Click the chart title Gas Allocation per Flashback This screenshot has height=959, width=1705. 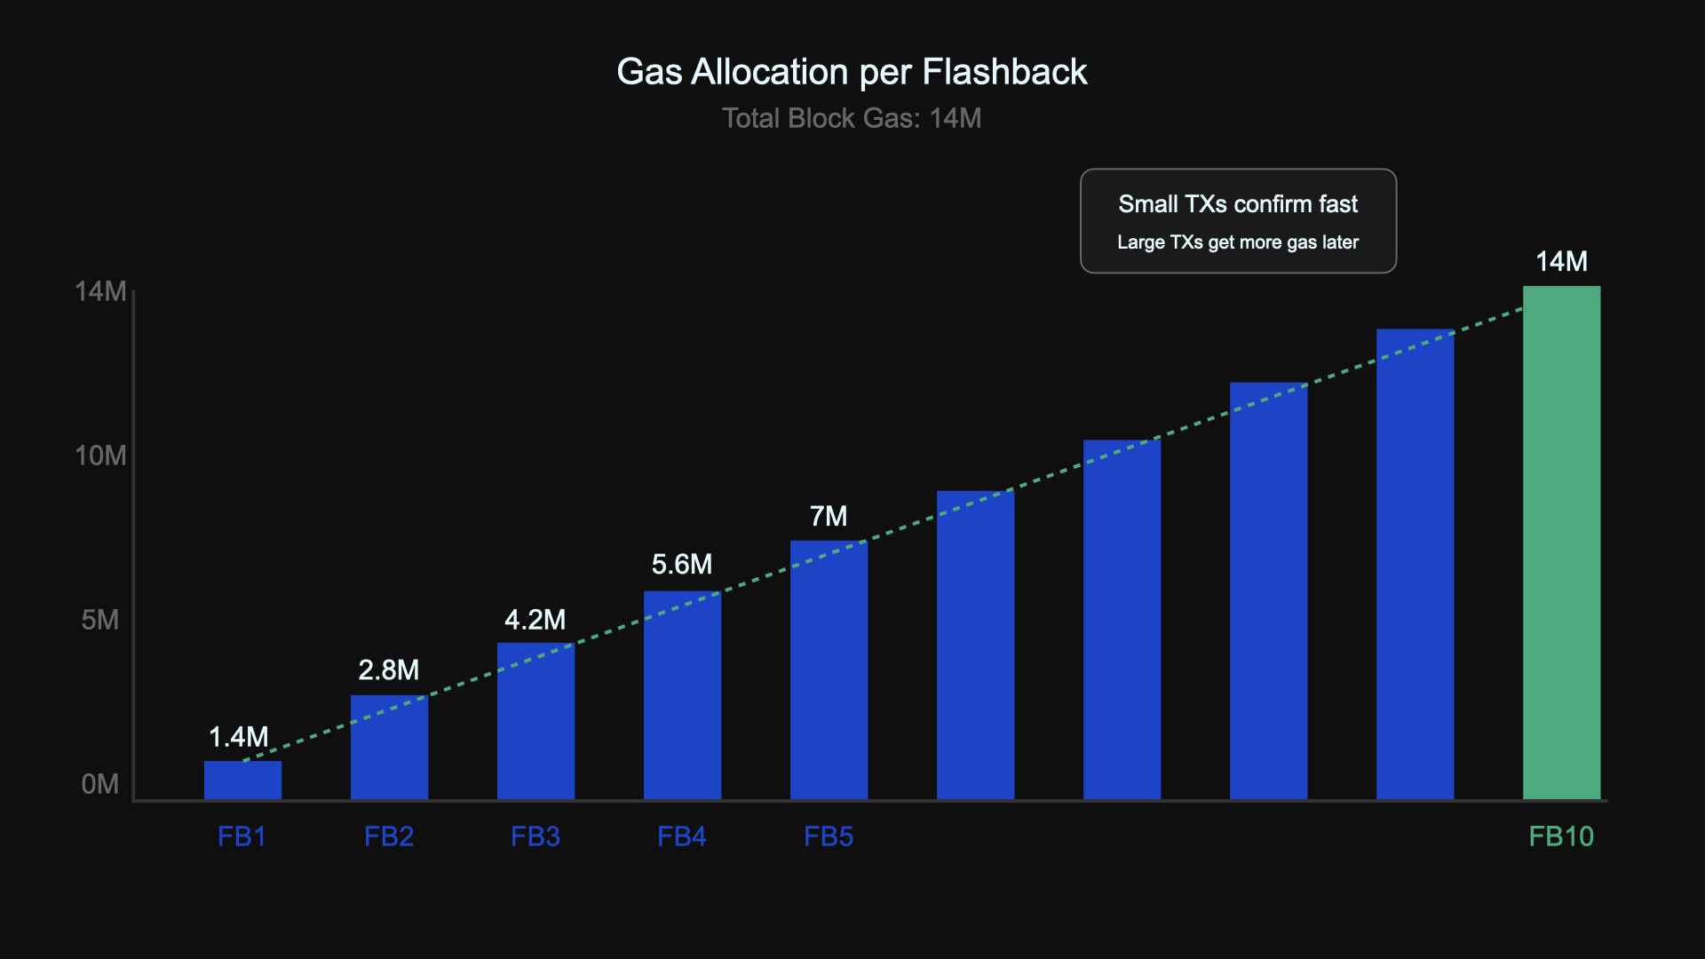[x=852, y=72]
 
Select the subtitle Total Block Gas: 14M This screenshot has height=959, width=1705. [x=852, y=118]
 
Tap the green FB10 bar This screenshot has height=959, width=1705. [x=1561, y=542]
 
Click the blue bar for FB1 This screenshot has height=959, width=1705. [x=242, y=781]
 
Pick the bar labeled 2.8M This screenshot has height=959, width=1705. [x=389, y=747]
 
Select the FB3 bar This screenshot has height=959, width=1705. [x=535, y=721]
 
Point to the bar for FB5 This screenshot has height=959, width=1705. [x=829, y=670]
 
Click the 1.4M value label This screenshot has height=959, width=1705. [x=238, y=737]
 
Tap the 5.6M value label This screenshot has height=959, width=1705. [x=682, y=565]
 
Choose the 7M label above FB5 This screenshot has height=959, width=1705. [x=829, y=516]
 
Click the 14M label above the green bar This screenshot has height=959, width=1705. [x=1561, y=261]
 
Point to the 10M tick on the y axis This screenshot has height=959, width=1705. [x=100, y=456]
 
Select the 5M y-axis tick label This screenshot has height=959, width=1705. [x=100, y=620]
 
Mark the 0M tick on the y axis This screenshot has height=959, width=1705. [x=100, y=784]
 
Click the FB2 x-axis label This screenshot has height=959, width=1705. [x=389, y=836]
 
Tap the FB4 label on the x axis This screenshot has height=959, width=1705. [x=682, y=836]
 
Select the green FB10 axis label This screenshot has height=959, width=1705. [x=1561, y=836]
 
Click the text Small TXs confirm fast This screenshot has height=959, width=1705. [x=1238, y=204]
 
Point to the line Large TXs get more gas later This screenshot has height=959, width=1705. [x=1238, y=242]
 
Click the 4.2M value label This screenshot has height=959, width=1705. [x=535, y=620]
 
